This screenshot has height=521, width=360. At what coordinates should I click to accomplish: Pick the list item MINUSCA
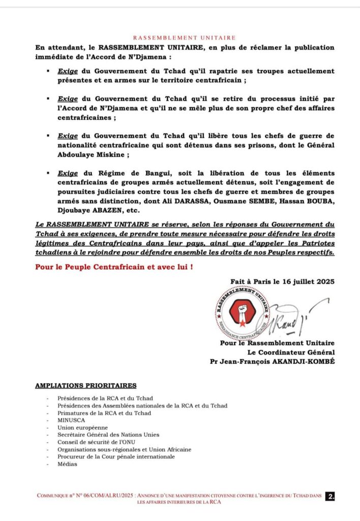pyautogui.click(x=71, y=420)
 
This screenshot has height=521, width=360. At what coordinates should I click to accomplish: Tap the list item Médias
pyautogui.click(x=67, y=464)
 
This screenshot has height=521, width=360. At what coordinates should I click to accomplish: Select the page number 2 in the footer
pyautogui.click(x=331, y=497)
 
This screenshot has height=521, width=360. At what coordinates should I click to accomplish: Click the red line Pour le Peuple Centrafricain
pyautogui.click(x=114, y=267)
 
